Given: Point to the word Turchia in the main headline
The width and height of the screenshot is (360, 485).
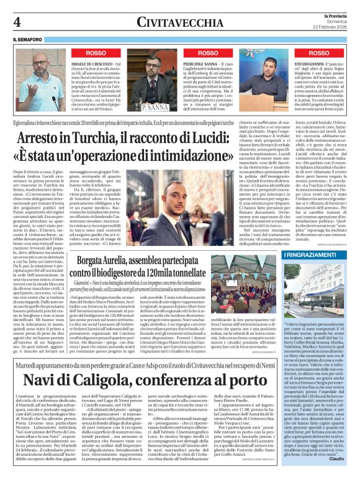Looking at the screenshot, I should [84, 134].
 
